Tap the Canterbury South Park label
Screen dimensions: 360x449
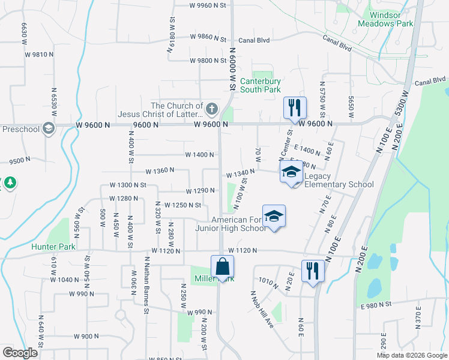(x=261, y=85)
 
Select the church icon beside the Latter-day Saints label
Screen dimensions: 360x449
(x=211, y=109)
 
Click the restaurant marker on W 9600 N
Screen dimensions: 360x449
(x=295, y=108)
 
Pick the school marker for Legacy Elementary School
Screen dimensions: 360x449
(x=291, y=172)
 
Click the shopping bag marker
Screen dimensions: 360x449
(x=222, y=267)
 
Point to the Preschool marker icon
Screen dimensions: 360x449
(x=47, y=128)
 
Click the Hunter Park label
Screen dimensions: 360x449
(x=53, y=247)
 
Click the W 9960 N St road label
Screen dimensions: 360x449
(x=210, y=5)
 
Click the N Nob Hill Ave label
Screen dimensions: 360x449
(x=262, y=309)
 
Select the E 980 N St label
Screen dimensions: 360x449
(x=376, y=305)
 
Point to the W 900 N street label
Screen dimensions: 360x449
(x=86, y=337)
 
